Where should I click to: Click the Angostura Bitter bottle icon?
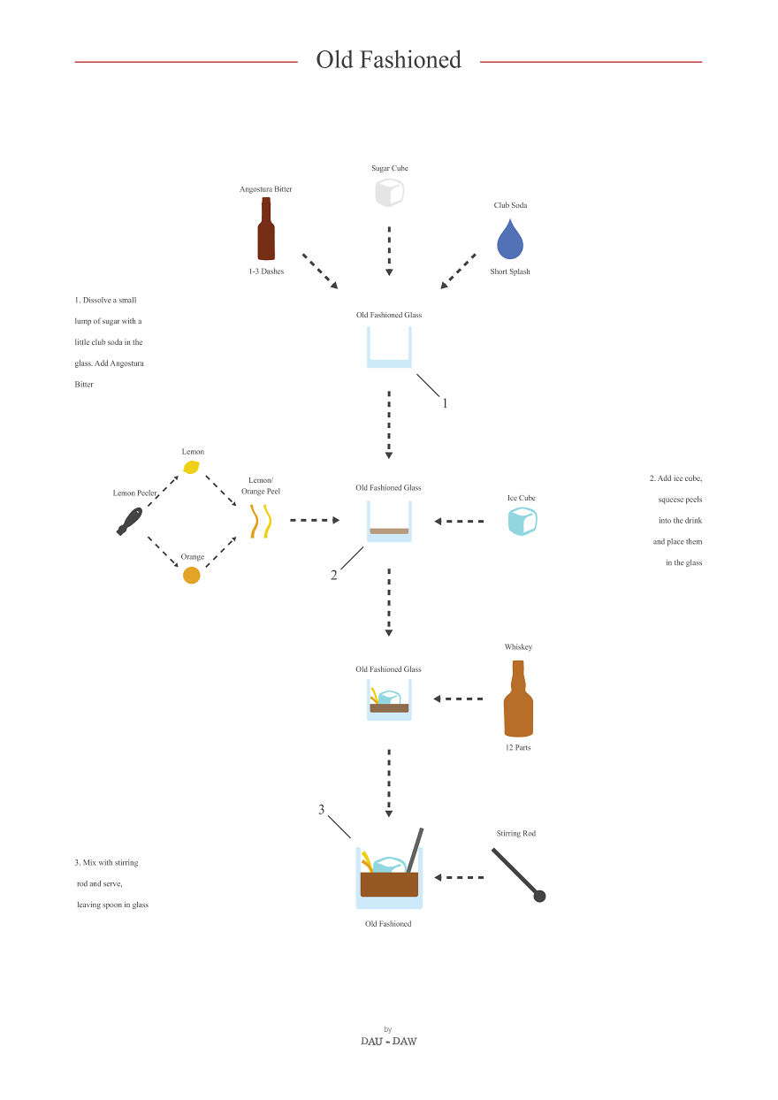pos(265,230)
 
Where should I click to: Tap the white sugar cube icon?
pos(389,193)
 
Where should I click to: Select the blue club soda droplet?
pos(510,239)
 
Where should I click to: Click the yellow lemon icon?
pos(192,467)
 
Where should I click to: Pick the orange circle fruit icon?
pos(191,576)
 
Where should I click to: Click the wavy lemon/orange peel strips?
pos(260,521)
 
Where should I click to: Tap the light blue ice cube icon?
pos(522,521)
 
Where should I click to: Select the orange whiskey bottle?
pos(518,699)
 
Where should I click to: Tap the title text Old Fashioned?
pos(389,59)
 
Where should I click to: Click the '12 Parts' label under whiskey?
pos(518,747)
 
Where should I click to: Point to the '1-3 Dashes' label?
pos(266,271)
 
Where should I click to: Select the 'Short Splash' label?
pos(510,271)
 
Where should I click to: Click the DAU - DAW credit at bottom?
pos(388,1041)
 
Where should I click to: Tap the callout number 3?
pos(322,809)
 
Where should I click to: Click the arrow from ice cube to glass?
pos(459,522)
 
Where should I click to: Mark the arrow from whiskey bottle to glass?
pos(459,699)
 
